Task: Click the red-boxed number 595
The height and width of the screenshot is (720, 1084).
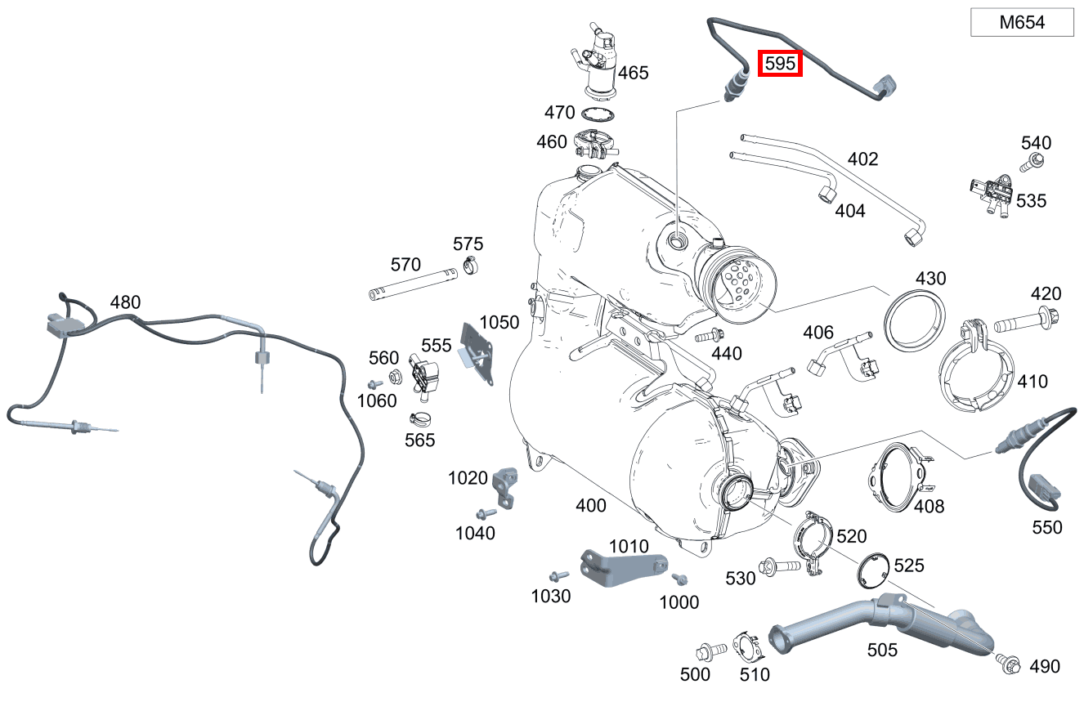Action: tap(780, 64)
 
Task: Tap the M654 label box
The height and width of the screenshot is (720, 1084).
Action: tap(1022, 23)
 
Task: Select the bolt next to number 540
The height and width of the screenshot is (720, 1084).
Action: tap(1034, 162)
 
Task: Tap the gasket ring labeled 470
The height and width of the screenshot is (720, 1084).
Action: tap(599, 114)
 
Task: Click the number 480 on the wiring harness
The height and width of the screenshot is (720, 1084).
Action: tap(125, 302)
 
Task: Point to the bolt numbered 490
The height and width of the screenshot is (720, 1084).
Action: tap(1006, 663)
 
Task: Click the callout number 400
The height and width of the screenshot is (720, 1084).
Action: tap(591, 506)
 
